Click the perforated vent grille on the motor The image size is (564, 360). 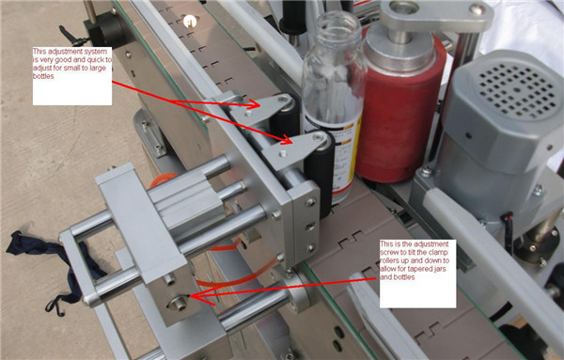click(x=518, y=89)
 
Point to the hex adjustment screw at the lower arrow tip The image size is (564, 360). click(x=179, y=304)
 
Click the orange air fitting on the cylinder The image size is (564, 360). click(x=162, y=180)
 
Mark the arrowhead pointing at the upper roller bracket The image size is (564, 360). click(x=255, y=104)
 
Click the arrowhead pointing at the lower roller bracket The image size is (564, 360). click(x=287, y=139)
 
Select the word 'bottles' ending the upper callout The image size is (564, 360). click(x=43, y=76)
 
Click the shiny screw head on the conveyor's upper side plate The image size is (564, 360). click(x=190, y=22)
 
